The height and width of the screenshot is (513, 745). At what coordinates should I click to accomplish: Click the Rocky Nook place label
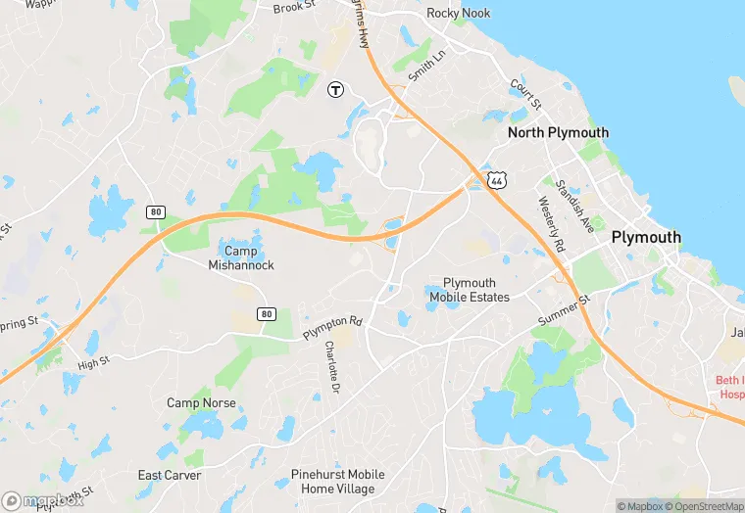(x=459, y=14)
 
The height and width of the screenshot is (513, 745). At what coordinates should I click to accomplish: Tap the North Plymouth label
(x=558, y=132)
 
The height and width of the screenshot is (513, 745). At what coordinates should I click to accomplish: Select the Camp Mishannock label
(x=241, y=257)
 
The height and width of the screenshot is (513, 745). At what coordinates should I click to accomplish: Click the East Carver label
(x=170, y=476)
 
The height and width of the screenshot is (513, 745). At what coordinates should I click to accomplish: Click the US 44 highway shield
(x=498, y=181)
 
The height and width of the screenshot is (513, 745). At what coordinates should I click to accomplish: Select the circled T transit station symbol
(x=335, y=89)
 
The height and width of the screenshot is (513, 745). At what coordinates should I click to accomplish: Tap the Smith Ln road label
(x=427, y=65)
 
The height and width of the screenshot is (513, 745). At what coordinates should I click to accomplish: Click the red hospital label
(x=731, y=387)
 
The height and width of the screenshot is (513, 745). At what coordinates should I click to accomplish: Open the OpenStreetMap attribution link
(x=698, y=505)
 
